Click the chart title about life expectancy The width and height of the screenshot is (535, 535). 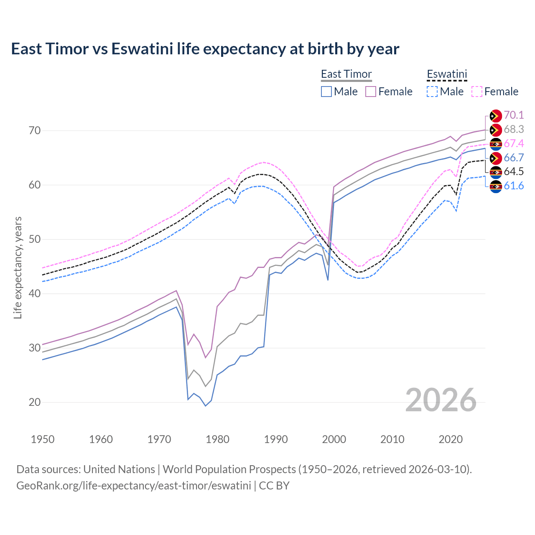pyautogui.click(x=205, y=49)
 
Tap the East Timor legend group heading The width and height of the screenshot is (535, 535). pyautogui.click(x=346, y=74)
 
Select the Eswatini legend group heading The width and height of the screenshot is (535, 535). pyautogui.click(x=446, y=74)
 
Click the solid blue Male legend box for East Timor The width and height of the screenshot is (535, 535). pyautogui.click(x=326, y=92)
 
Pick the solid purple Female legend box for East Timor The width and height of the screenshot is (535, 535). pyautogui.click(x=371, y=92)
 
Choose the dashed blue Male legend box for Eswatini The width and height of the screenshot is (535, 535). pyautogui.click(x=432, y=92)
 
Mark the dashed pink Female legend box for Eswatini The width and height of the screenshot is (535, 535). pyautogui.click(x=476, y=92)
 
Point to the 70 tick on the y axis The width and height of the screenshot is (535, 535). pyautogui.click(x=35, y=130)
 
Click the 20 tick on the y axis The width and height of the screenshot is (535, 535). pyautogui.click(x=35, y=402)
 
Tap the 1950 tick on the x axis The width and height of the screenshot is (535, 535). pyautogui.click(x=43, y=439)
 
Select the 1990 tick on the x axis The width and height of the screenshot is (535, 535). pyautogui.click(x=276, y=439)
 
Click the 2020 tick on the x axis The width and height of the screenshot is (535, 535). pyautogui.click(x=451, y=439)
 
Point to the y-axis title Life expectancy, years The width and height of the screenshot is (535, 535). pyautogui.click(x=18, y=267)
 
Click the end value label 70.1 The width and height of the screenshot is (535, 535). pyautogui.click(x=514, y=115)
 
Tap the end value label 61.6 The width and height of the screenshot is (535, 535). pyautogui.click(x=514, y=186)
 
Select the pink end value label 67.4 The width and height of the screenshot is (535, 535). pyautogui.click(x=514, y=144)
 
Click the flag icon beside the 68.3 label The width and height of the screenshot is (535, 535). pyautogui.click(x=495, y=130)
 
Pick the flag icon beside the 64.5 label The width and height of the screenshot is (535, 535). pyautogui.click(x=495, y=172)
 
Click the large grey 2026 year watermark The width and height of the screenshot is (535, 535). pyautogui.click(x=441, y=400)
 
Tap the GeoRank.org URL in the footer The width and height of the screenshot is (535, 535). pyautogui.click(x=134, y=486)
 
